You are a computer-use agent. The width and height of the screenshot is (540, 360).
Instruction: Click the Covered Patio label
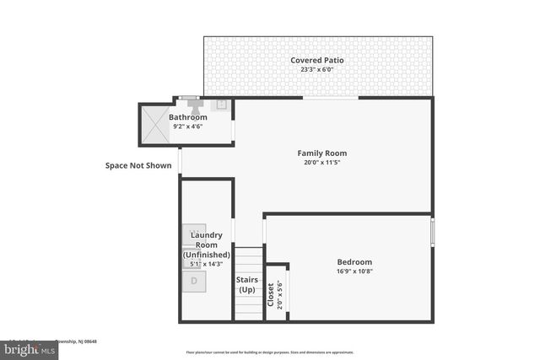[316, 61]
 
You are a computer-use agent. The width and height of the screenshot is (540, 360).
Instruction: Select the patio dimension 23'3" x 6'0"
[316, 71]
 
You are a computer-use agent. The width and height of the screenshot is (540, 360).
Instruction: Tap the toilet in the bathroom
[196, 106]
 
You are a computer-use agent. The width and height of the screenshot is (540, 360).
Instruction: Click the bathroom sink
[221, 105]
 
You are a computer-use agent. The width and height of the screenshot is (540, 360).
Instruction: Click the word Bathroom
[187, 117]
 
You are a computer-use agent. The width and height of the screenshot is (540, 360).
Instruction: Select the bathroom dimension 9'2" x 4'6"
[187, 126]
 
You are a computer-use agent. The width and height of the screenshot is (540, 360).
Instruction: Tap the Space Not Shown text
[138, 166]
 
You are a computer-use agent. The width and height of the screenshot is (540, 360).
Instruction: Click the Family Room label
[321, 153]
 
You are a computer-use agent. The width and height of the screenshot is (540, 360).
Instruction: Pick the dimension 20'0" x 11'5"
[321, 164]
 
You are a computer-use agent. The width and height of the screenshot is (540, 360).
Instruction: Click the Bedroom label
[354, 262]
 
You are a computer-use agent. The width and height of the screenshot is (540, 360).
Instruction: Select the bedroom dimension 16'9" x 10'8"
[354, 272]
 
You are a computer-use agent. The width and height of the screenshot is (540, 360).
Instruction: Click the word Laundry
[207, 234]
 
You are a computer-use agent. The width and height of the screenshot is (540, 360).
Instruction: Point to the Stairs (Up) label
[246, 284]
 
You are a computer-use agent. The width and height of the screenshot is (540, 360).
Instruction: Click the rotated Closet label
[270, 293]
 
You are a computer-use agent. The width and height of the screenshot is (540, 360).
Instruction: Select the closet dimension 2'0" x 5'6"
[280, 293]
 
